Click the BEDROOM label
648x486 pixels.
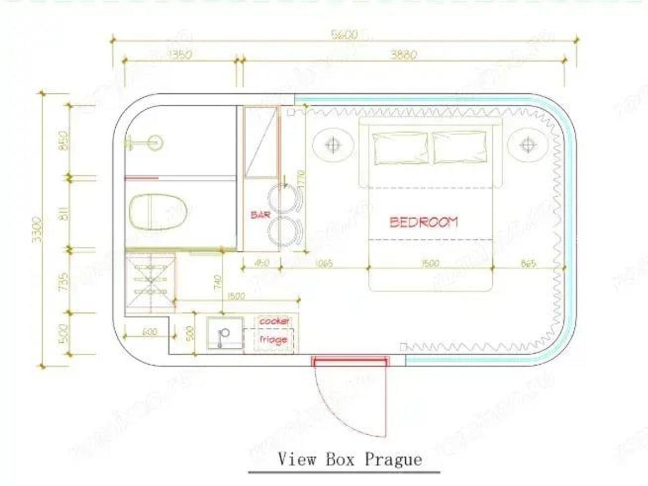pyautogui.click(x=424, y=221)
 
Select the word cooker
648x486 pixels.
pyautogui.click(x=274, y=321)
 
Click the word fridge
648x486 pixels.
pyautogui.click(x=273, y=340)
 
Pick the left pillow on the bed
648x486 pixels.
pyautogui.click(x=401, y=147)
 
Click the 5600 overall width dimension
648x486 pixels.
pyautogui.click(x=345, y=35)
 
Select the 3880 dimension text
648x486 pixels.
pyautogui.click(x=404, y=55)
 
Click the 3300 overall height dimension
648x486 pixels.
pyautogui.click(x=36, y=230)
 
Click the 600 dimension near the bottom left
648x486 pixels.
pyautogui.click(x=150, y=332)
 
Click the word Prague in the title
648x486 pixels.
pyautogui.click(x=393, y=460)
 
